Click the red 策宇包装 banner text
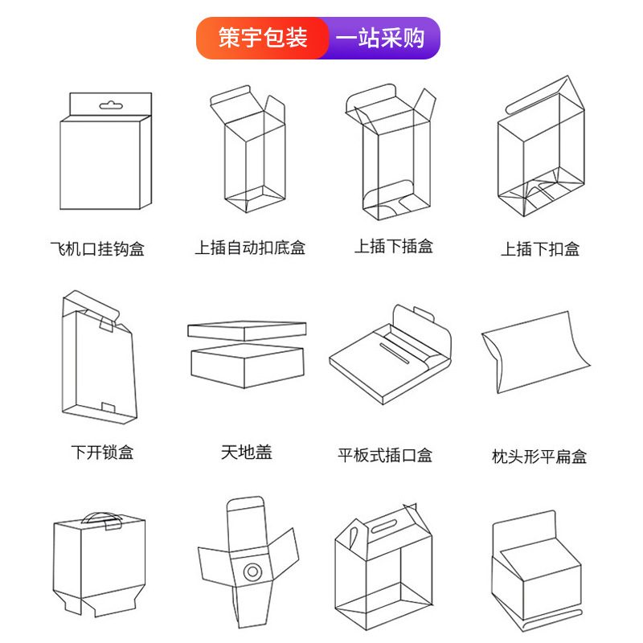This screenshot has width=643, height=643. click(263, 38)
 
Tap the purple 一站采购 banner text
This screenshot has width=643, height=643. click(379, 38)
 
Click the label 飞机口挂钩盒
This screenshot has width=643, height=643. click(97, 248)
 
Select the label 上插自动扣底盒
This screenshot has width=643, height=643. click(250, 248)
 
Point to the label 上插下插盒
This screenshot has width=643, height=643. click(394, 247)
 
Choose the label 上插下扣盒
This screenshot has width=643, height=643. click(540, 249)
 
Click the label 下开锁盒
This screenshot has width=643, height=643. click(102, 453)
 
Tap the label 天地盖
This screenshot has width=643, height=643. click(247, 453)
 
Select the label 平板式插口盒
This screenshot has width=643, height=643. click(385, 456)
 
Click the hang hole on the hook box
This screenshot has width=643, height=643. click(109, 105)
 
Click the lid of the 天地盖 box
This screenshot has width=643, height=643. click(247, 330)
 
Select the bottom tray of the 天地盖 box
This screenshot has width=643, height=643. click(247, 368)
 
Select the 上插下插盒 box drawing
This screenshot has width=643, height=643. click(394, 157)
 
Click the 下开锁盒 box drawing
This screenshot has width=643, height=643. click(98, 362)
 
